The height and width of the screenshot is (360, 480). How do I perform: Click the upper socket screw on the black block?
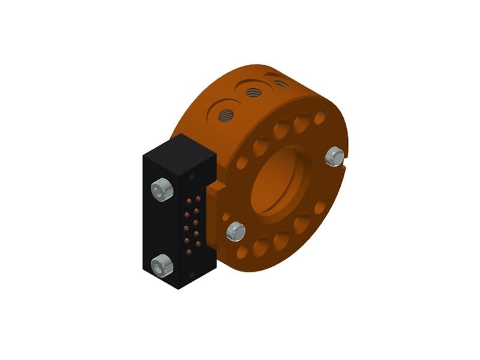click(x=163, y=189)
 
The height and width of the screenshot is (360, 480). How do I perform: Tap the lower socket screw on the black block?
click(x=161, y=265)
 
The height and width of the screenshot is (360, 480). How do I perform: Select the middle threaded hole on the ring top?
click(x=253, y=92)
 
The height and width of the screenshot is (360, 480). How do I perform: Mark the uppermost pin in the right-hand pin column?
click(x=198, y=197)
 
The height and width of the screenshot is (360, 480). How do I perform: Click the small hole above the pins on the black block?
click(x=192, y=177)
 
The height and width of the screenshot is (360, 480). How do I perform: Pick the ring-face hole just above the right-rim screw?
click(x=320, y=118)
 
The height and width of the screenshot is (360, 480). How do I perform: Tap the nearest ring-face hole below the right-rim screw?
click(x=319, y=206)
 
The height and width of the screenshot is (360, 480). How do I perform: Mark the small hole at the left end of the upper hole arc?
click(x=242, y=163)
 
